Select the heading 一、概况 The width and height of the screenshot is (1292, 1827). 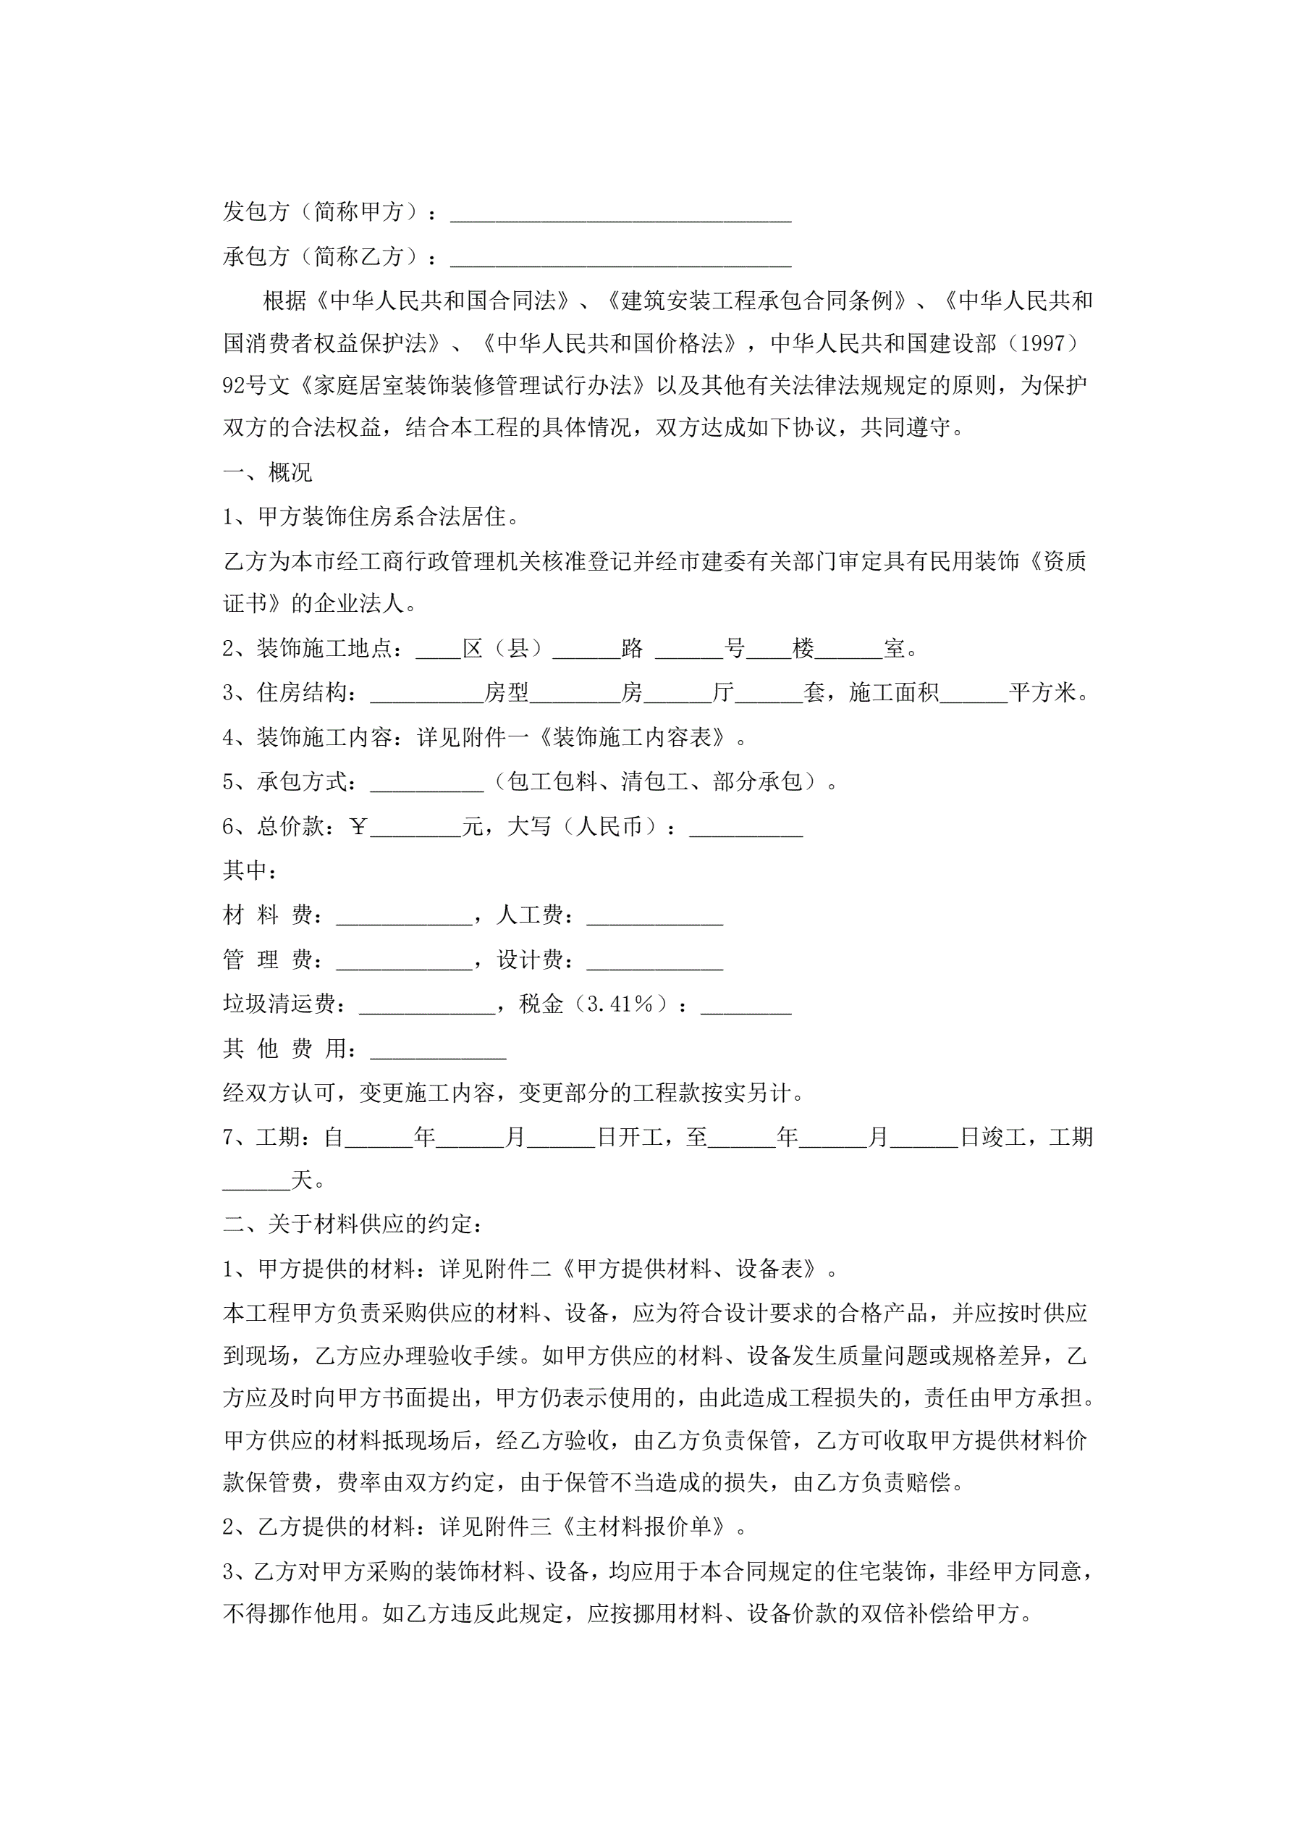coord(267,473)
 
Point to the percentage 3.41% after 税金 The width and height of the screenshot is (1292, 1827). coord(620,1004)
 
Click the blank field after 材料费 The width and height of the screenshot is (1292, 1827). coord(404,917)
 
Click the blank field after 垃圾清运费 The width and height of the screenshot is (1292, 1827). coord(427,1006)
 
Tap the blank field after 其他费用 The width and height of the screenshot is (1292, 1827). coord(439,1051)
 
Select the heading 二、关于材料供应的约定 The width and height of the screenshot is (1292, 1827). coord(352,1224)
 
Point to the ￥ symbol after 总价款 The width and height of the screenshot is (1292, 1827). coord(358,828)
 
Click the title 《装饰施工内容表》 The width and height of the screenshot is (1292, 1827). coord(632,738)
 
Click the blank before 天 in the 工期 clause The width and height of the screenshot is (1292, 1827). coord(256,1181)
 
